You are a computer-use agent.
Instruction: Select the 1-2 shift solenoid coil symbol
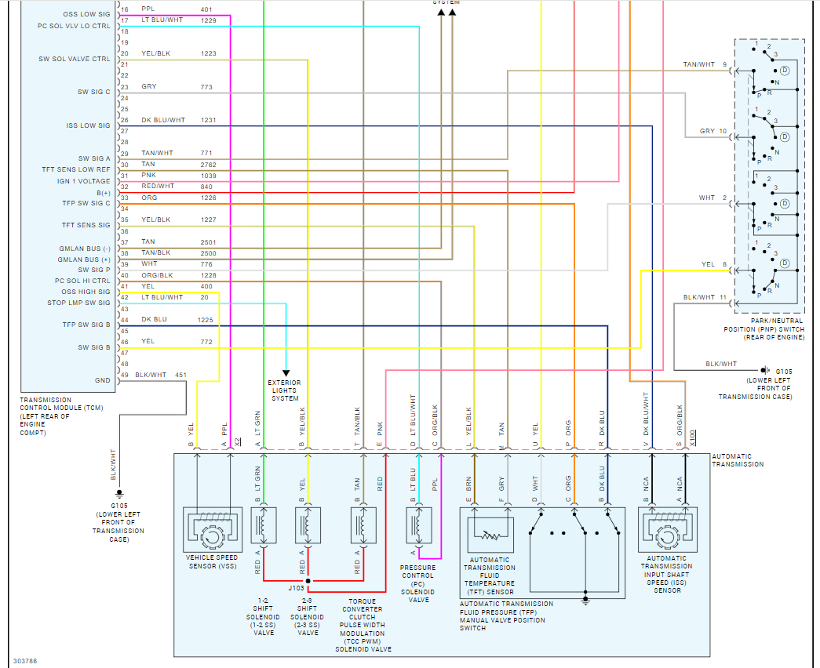coord(264,525)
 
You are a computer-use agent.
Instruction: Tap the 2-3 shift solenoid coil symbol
coord(308,525)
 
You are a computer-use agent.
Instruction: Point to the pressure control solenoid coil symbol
coord(418,525)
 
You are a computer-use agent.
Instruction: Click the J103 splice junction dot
coord(308,581)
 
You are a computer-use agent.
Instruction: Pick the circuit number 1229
coord(208,20)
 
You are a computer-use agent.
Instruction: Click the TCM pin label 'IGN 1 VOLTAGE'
coord(78,180)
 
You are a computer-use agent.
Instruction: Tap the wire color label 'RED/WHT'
coord(159,186)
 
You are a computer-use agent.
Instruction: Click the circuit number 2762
coord(208,164)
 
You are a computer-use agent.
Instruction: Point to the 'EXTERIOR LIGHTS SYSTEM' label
coord(285,390)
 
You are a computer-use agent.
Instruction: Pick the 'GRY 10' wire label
coord(713,131)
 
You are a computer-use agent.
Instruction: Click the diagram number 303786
coord(24,661)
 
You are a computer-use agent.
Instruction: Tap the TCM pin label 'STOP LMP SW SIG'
coord(78,303)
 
